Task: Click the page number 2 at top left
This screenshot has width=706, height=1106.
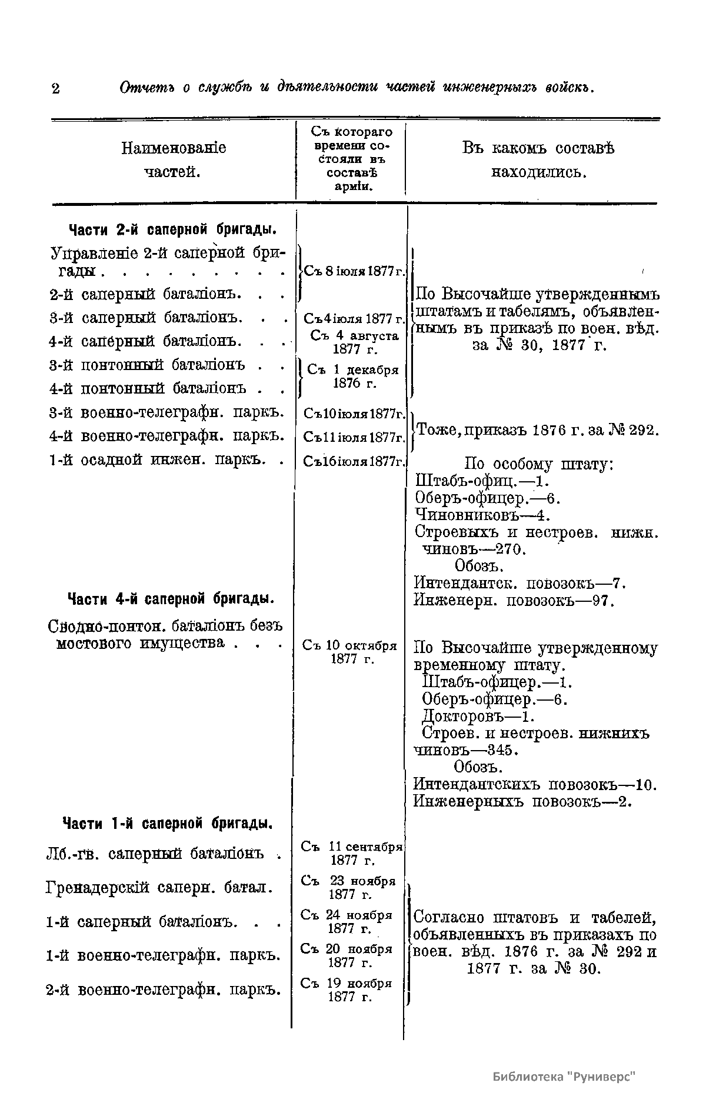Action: pos(55,89)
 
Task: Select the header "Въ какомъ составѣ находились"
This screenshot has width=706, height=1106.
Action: pos(538,159)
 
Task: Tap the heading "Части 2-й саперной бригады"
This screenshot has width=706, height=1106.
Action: pos(173,228)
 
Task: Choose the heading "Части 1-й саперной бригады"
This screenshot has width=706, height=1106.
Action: pos(167,822)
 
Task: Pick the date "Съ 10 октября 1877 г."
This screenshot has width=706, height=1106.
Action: pos(351,652)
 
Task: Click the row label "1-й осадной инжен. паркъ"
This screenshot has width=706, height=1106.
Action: pos(165,459)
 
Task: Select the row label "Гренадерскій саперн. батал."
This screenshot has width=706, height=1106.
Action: pos(159,887)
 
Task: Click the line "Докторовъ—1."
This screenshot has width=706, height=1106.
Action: pos(478,717)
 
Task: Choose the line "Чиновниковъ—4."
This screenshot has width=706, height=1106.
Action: pos(482,515)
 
